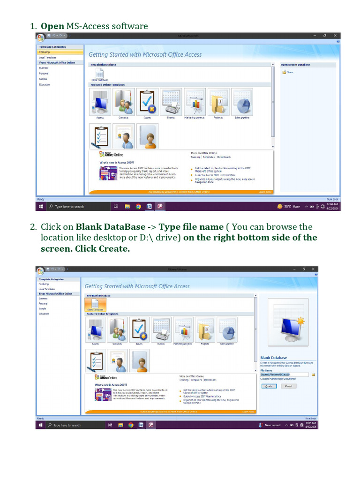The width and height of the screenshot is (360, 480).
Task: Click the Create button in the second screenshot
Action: tap(269, 386)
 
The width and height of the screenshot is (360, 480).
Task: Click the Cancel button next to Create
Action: tap(288, 386)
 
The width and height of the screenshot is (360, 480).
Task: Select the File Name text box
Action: tap(285, 375)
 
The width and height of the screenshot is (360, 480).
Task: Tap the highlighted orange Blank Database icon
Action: tap(95, 305)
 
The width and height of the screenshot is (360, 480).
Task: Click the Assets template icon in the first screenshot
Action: tap(100, 102)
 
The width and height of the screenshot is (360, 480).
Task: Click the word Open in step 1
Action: tap(52, 26)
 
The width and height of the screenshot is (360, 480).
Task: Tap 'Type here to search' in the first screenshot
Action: tap(69, 206)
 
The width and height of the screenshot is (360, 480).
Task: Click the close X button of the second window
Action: tap(313, 269)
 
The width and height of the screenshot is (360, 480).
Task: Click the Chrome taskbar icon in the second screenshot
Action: tap(131, 425)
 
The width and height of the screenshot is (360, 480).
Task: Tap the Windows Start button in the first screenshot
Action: tap(41, 206)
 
